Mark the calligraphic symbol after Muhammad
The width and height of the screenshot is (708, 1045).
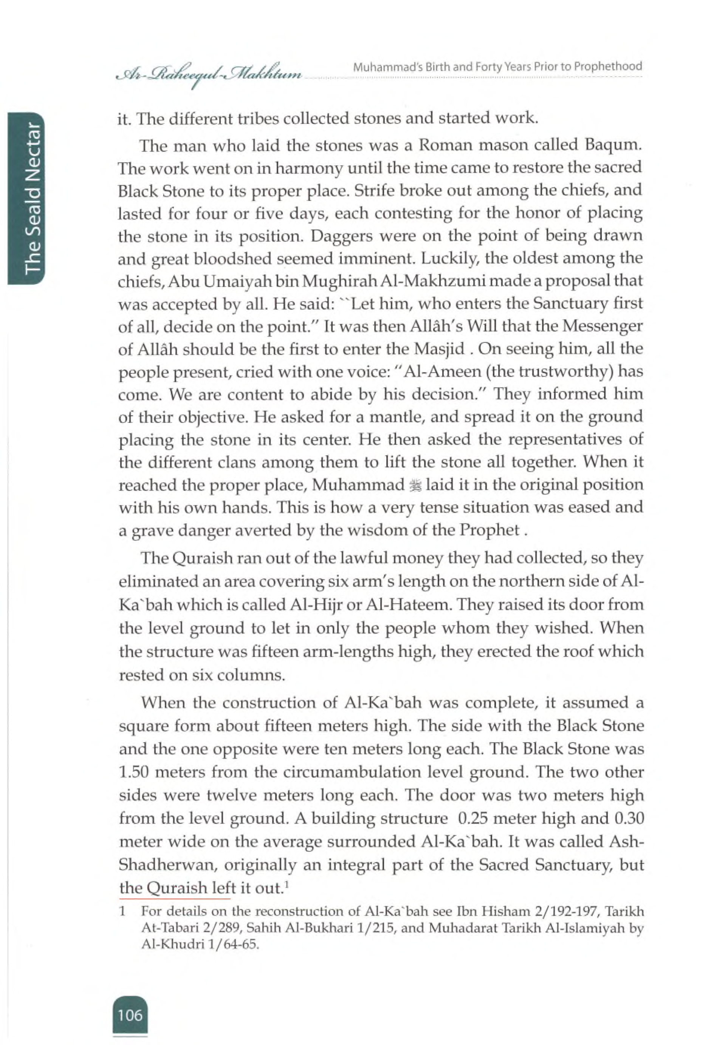coord(415,485)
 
